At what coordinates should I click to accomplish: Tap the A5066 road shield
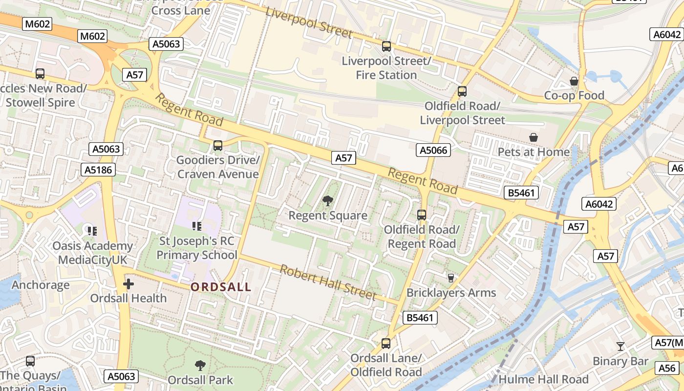click(x=433, y=150)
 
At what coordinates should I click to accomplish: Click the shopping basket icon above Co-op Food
click(x=574, y=81)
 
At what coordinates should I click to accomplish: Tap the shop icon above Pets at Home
click(x=534, y=138)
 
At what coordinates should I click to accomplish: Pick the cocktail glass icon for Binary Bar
click(x=620, y=347)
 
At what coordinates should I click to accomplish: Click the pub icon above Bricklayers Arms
click(x=451, y=278)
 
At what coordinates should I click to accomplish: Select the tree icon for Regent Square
click(x=328, y=200)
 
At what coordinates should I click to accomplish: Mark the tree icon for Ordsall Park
click(x=200, y=365)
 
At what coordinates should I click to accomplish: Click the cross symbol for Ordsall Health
click(x=128, y=283)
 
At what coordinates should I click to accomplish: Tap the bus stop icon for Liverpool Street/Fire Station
click(x=386, y=46)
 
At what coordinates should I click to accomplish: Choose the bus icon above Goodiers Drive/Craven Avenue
click(x=218, y=146)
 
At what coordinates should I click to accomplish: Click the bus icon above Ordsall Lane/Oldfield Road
click(x=386, y=344)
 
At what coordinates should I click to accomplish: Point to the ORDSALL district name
click(x=221, y=287)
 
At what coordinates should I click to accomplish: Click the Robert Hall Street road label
click(x=328, y=283)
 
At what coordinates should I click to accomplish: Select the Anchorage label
click(x=41, y=285)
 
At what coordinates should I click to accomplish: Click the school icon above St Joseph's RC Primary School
click(x=197, y=226)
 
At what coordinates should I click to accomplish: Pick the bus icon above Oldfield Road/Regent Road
click(x=422, y=215)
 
